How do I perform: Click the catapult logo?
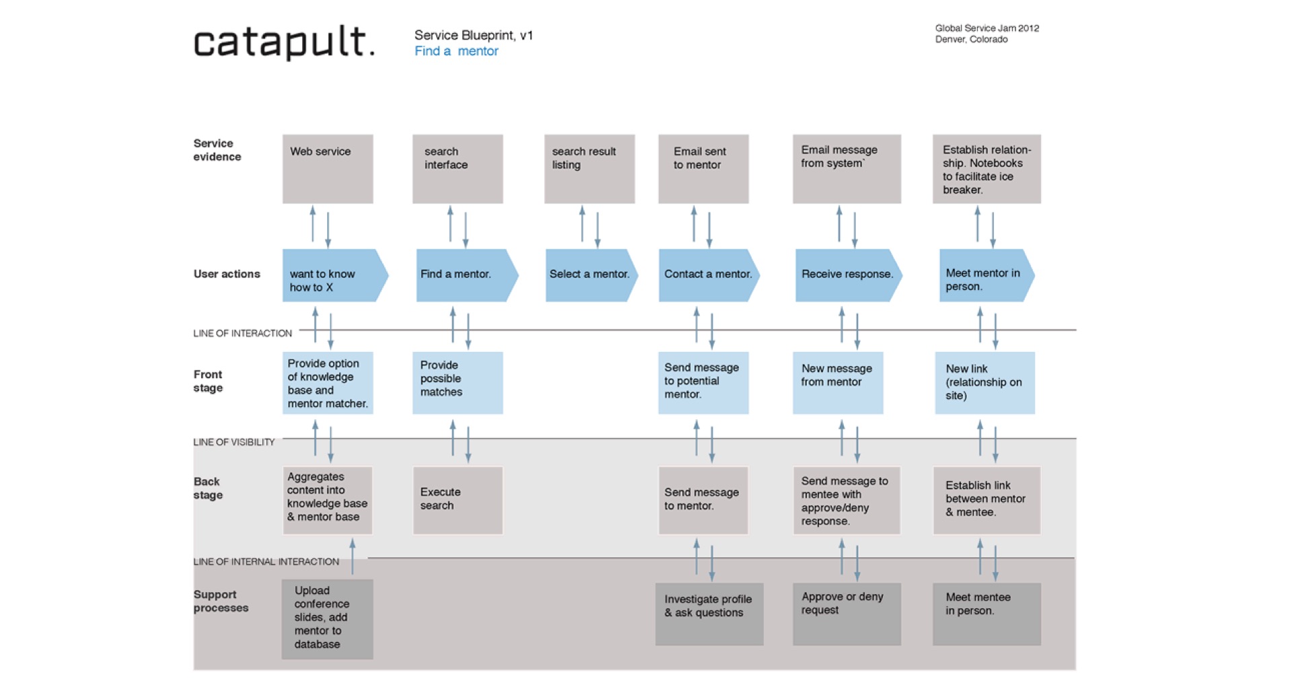click(x=284, y=42)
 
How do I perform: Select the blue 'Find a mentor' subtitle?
click(x=456, y=51)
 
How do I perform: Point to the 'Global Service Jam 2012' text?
click(x=986, y=28)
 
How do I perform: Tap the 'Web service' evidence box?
click(x=328, y=169)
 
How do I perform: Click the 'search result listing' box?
click(x=589, y=169)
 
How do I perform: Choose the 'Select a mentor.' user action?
click(x=591, y=275)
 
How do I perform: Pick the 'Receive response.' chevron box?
click(x=849, y=275)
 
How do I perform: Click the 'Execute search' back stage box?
click(x=458, y=501)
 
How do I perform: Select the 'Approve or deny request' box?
click(x=847, y=614)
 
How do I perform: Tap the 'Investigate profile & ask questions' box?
click(x=709, y=614)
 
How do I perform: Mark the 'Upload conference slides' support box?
click(x=327, y=619)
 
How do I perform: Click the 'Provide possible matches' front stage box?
click(x=458, y=383)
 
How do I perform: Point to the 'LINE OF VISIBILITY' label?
click(x=234, y=442)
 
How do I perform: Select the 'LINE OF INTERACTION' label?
click(x=242, y=333)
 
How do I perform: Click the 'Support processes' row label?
click(x=221, y=602)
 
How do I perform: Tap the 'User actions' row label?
click(x=227, y=274)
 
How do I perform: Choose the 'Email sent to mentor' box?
click(x=703, y=169)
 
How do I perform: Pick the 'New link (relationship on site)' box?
click(x=985, y=383)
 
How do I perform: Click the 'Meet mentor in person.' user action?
click(x=986, y=275)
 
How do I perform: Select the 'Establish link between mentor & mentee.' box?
click(x=986, y=501)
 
